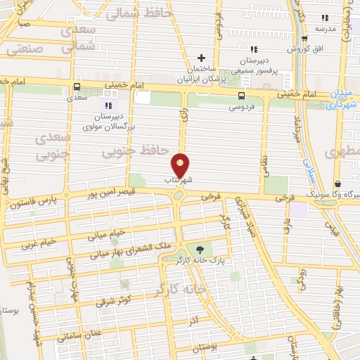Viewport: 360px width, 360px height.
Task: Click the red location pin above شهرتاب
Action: point(181,164)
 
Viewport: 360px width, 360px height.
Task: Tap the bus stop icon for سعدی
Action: point(76,86)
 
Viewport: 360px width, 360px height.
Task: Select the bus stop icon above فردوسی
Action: point(241,96)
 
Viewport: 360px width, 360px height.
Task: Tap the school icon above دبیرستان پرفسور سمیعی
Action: point(255,49)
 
